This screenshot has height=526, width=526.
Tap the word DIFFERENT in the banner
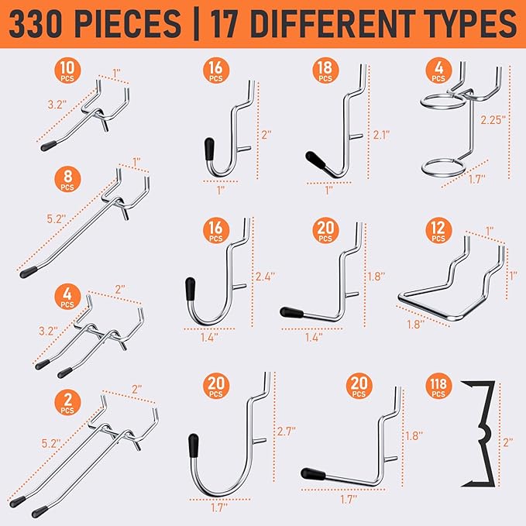pyautogui.click(x=329, y=23)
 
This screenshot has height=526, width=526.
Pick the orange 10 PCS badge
pyautogui.click(x=67, y=70)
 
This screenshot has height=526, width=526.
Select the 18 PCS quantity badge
pyautogui.click(x=325, y=70)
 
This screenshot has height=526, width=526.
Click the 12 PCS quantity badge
pyautogui.click(x=438, y=230)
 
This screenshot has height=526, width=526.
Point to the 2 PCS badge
pyautogui.click(x=67, y=402)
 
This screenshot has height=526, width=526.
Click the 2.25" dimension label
pyautogui.click(x=493, y=120)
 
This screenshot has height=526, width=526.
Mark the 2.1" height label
pyautogui.click(x=381, y=135)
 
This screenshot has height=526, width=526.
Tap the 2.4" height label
pyautogui.click(x=265, y=277)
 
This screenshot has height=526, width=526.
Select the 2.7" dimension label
pyautogui.click(x=286, y=431)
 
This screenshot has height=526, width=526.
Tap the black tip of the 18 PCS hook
pyautogui.click(x=315, y=160)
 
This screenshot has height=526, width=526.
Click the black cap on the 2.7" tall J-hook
pyautogui.click(x=193, y=445)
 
